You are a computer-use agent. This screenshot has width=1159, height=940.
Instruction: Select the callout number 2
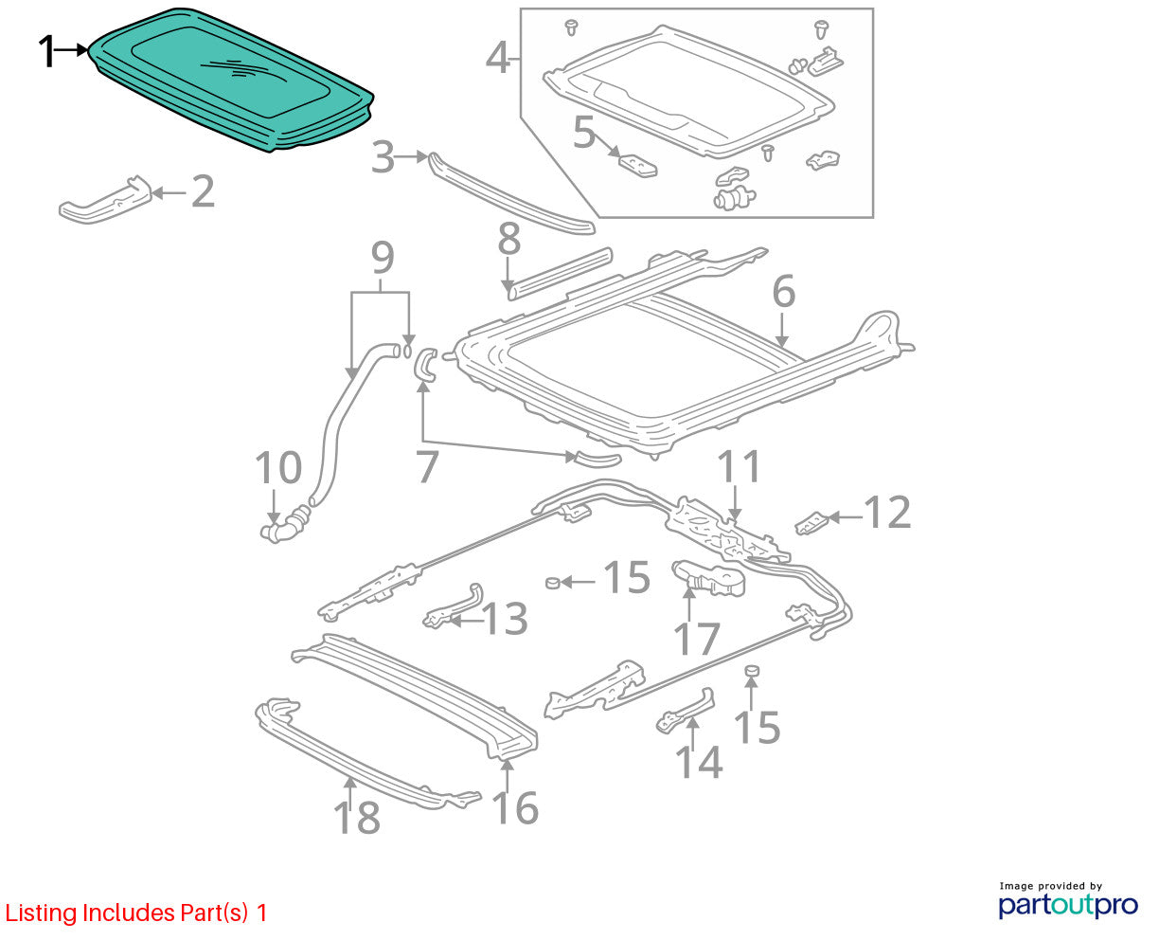203,191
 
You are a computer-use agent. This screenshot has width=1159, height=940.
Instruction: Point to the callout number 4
498,58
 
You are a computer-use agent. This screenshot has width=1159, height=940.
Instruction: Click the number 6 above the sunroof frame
783,291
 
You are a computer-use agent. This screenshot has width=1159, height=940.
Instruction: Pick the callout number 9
383,258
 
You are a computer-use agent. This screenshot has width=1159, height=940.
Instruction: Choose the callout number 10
278,467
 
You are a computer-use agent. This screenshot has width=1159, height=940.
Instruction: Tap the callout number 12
887,513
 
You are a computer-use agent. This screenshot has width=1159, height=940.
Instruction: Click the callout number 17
697,639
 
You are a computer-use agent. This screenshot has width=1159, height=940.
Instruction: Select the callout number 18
357,817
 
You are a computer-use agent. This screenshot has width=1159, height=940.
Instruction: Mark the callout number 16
515,808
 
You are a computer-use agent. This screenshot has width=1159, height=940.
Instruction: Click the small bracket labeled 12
811,523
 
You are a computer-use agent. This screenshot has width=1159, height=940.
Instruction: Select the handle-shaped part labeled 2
106,200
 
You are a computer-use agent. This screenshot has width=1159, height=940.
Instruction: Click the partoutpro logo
1067,905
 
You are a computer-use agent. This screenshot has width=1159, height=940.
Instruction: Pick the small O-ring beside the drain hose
408,352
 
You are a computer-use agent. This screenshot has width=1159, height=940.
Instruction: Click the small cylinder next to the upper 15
553,584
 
